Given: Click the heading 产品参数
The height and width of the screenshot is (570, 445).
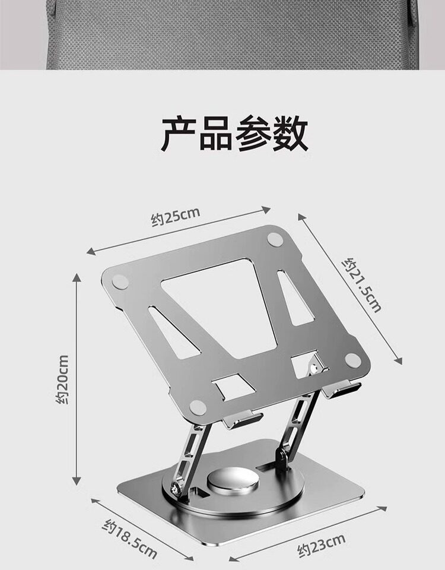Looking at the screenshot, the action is click(234, 135).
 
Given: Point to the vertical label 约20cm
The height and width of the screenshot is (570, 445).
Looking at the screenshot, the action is click(62, 379).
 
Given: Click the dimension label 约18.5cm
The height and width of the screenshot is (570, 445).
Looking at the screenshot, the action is click(131, 538).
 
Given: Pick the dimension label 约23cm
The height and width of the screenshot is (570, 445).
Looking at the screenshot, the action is click(321, 545).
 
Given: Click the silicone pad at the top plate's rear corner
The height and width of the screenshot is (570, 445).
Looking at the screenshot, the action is click(274, 239).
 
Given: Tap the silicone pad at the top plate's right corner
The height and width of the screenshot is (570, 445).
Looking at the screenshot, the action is click(352, 359).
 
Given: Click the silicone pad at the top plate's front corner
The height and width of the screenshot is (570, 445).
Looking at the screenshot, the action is click(198, 407).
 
